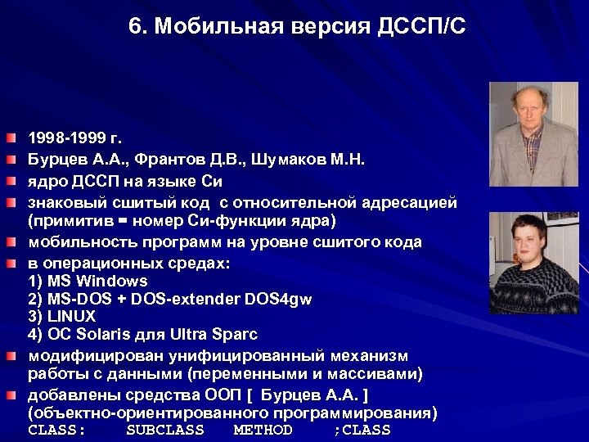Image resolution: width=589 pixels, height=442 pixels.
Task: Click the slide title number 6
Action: [x=134, y=27]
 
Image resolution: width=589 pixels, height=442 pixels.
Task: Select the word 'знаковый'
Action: [x=63, y=202]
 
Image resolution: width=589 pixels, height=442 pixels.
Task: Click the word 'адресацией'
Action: [x=410, y=202]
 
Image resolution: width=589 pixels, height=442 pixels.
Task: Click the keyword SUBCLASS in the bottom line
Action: [x=165, y=430]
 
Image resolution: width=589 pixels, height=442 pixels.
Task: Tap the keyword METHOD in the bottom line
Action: [x=263, y=430]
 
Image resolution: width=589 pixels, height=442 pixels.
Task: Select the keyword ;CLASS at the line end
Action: [x=362, y=430]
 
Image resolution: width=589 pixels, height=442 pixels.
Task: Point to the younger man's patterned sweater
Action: [x=536, y=291]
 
